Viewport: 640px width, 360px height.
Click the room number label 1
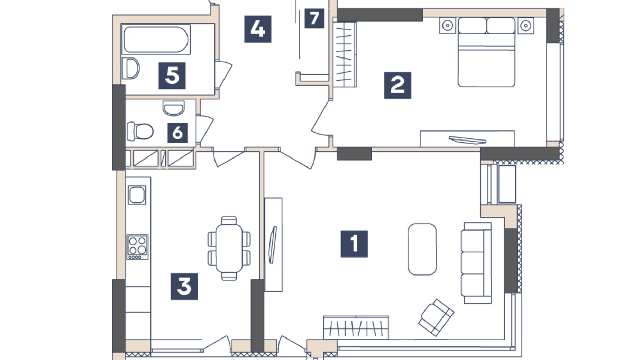354,244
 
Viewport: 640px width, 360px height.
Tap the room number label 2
397,85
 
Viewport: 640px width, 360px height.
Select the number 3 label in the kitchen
184,286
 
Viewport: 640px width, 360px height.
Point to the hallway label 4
257,29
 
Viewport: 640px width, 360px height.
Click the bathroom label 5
172,75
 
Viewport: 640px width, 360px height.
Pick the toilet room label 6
177,133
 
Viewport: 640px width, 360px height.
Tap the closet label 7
314,18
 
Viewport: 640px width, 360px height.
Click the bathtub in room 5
156,39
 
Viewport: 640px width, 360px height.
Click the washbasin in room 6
173,108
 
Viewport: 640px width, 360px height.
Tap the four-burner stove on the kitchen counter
137,247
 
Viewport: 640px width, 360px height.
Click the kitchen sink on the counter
137,195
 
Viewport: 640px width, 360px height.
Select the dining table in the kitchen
229,248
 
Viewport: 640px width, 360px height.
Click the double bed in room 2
486,52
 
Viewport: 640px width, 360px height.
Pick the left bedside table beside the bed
447,26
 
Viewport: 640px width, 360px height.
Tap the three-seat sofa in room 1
476,263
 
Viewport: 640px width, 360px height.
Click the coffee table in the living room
422,249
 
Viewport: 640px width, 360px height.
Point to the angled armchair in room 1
436,317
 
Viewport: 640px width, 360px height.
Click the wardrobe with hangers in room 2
345,54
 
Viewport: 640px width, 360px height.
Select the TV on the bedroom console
467,140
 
